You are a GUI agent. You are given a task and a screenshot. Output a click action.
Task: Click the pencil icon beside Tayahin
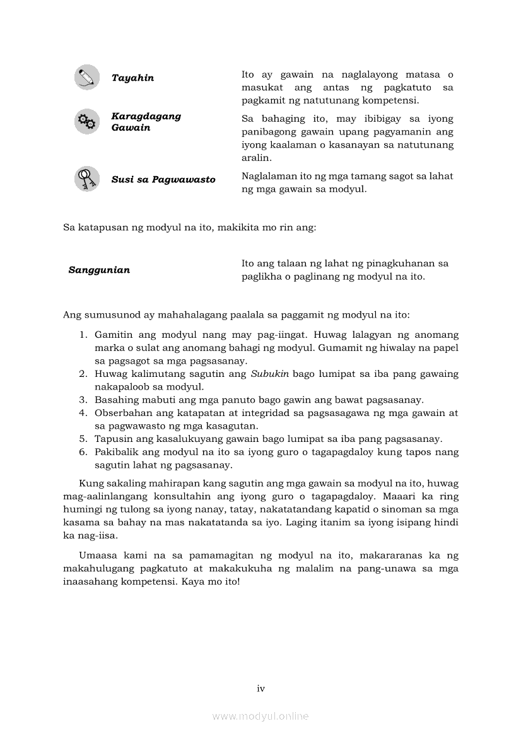point(86,78)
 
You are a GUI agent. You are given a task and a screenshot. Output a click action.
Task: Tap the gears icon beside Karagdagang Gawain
point(86,121)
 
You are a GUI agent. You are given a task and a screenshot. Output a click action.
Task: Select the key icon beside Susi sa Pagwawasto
point(86,179)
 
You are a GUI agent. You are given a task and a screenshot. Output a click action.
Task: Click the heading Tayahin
point(132,78)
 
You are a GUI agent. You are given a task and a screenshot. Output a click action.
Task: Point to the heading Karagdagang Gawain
point(146,122)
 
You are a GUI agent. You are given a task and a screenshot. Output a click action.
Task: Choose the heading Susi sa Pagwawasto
point(163,180)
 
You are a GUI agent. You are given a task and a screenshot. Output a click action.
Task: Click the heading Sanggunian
point(99,270)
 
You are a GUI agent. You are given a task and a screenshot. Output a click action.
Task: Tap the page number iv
point(260,689)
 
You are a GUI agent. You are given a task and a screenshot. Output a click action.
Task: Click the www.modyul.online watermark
point(260,717)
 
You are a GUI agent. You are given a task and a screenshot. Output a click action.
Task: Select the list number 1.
point(83,335)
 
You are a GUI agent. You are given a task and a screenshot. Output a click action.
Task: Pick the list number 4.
point(83,413)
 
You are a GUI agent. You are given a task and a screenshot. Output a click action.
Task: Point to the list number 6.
point(83,452)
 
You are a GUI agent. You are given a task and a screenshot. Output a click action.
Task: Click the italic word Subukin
point(270,374)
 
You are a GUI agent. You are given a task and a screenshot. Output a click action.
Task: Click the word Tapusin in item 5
point(112,439)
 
